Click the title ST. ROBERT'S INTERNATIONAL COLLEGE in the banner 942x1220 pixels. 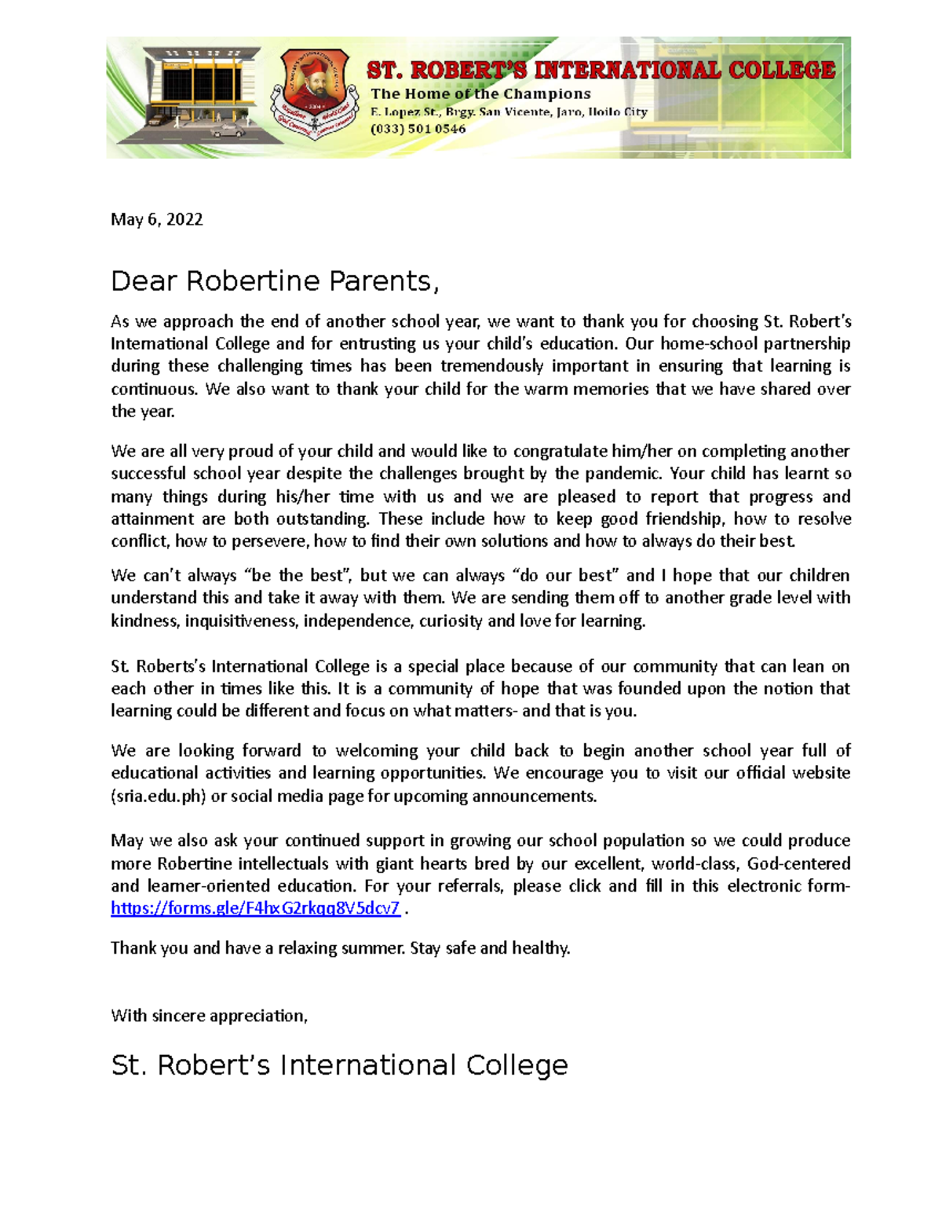click(x=601, y=71)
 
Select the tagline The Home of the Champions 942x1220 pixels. click(x=480, y=93)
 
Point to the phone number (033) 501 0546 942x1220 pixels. click(x=418, y=129)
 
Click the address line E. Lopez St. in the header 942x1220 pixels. click(x=509, y=112)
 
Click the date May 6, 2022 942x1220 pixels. click(x=157, y=219)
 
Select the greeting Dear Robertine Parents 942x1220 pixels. click(x=275, y=281)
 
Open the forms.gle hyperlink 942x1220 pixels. click(x=255, y=908)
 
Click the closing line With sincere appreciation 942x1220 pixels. click(x=209, y=1016)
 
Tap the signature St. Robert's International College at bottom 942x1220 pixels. click(x=339, y=1065)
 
